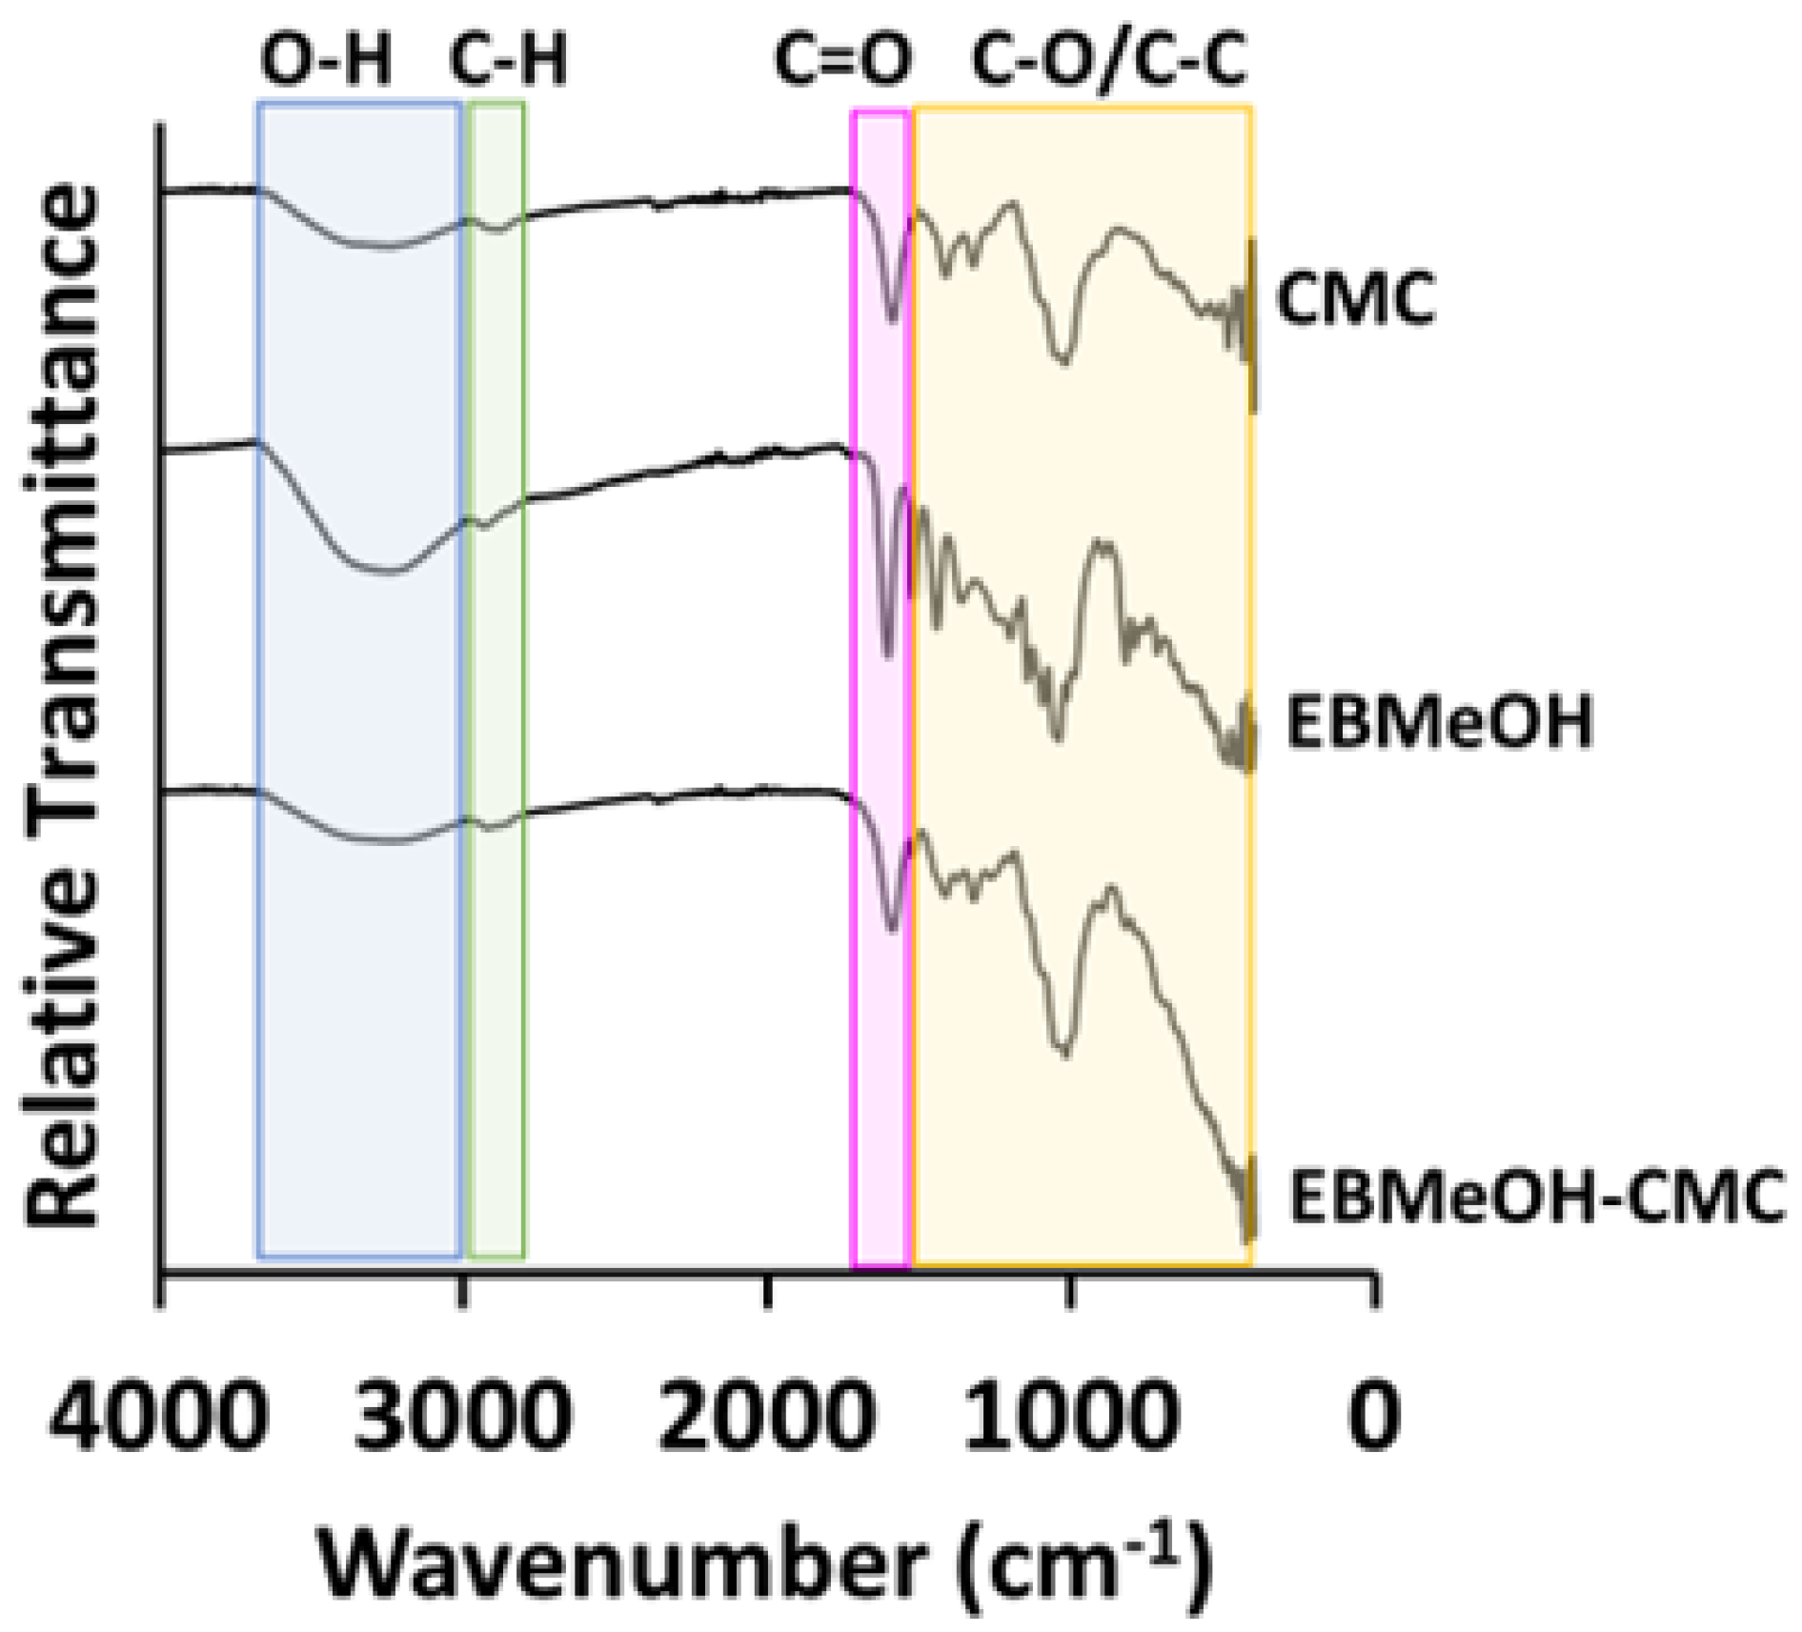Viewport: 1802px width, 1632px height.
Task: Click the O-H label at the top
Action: click(326, 59)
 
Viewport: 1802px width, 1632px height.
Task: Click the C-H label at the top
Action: click(508, 59)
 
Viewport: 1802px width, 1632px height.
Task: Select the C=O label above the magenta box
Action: click(842, 59)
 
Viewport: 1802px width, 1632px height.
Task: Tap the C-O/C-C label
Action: click(1108, 59)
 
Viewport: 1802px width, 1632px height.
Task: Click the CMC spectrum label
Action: click(1355, 298)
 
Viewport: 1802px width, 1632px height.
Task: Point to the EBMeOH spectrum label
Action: click(1439, 721)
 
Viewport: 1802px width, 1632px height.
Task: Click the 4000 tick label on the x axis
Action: click(159, 1416)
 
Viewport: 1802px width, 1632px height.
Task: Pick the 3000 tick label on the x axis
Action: click(463, 1416)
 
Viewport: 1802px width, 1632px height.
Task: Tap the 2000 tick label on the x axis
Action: click(766, 1416)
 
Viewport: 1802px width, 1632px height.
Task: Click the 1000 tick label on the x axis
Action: click(1070, 1416)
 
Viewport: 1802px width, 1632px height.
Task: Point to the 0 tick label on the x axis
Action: click(1373, 1416)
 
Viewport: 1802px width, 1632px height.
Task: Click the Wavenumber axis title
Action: click(765, 1563)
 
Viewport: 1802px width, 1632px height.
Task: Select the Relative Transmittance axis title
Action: click(63, 705)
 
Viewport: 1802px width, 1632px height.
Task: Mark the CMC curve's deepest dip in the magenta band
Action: click(892, 320)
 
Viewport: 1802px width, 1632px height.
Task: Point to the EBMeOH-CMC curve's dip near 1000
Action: click(1064, 1052)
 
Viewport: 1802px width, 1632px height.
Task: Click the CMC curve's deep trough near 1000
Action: click(1064, 361)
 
